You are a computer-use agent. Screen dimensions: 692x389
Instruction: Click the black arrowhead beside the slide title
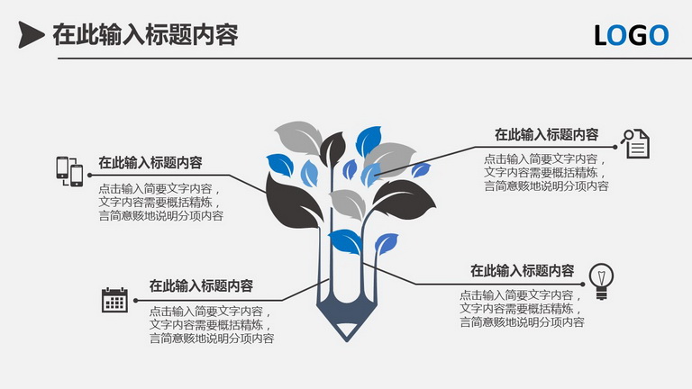point(30,35)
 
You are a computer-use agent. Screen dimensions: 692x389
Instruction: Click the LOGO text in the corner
point(632,35)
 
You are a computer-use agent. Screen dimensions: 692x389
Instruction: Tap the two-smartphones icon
point(69,171)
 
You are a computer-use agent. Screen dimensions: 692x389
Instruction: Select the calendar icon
point(114,300)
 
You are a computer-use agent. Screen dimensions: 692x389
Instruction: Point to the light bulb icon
point(601,281)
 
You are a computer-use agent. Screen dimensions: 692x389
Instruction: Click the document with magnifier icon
point(635,143)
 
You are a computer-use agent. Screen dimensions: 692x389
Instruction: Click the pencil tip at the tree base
point(347,330)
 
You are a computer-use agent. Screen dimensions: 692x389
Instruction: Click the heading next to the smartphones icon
point(150,163)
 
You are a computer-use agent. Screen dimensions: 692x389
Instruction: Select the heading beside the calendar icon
point(201,285)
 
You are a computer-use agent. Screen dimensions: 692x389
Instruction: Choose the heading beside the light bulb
point(522,270)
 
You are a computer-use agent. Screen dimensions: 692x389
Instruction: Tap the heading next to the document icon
point(546,134)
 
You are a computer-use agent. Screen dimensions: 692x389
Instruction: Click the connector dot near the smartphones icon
point(89,175)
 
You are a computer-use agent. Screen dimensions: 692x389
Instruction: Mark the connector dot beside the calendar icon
point(135,301)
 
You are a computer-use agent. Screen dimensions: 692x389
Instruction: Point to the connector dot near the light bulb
point(583,285)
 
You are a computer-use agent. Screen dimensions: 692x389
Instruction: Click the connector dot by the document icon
point(615,147)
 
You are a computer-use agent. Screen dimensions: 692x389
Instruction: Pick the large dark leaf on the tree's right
point(404,199)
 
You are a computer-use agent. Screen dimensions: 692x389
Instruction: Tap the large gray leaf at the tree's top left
point(299,137)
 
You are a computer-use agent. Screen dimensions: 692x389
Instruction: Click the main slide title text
point(145,35)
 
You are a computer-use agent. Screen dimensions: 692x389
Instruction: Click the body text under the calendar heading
point(212,325)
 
